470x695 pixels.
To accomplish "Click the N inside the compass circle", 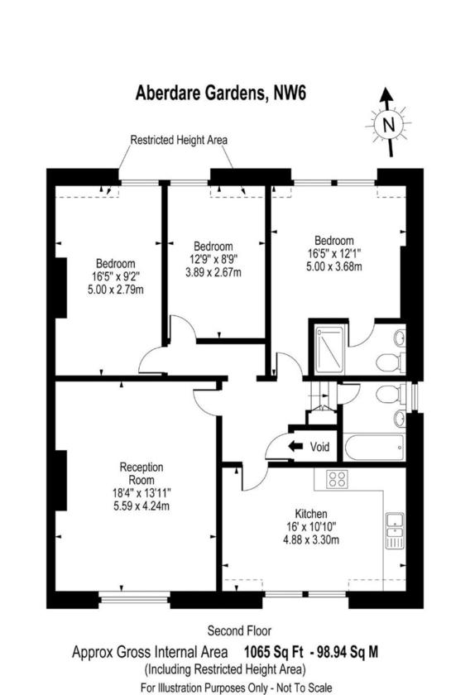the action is click(x=388, y=125).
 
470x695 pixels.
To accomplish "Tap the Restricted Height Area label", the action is click(x=179, y=140).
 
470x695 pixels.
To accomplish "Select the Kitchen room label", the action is click(x=311, y=514).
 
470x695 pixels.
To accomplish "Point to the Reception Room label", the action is click(x=141, y=473).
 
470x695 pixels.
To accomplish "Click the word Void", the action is click(x=319, y=446).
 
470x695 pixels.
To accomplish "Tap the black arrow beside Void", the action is click(x=295, y=446).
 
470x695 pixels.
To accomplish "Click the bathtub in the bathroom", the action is click(x=374, y=448).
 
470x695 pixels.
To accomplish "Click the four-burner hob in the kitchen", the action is click(x=337, y=479).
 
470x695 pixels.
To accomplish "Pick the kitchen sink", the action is click(x=394, y=530).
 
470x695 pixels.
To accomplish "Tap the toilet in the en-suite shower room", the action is click(x=391, y=362).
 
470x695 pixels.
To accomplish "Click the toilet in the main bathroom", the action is click(x=391, y=394).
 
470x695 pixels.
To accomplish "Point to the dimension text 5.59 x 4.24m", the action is click(x=141, y=506).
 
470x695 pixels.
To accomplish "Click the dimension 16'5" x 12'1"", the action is click(x=333, y=253).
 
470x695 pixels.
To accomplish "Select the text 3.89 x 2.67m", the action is click(x=213, y=272).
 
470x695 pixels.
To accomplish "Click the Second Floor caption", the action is click(x=239, y=630).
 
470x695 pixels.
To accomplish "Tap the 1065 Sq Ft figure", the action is click(x=274, y=652).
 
